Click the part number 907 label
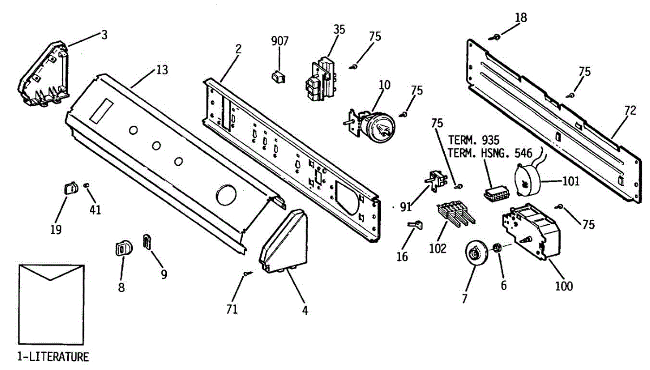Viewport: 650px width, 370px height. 280,41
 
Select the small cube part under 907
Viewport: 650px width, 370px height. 278,77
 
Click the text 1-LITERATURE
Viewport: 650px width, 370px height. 53,357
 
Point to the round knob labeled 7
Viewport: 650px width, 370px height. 477,254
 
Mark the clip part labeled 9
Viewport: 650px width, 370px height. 147,242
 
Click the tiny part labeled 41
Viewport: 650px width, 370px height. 87,186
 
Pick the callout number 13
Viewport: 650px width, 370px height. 162,70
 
